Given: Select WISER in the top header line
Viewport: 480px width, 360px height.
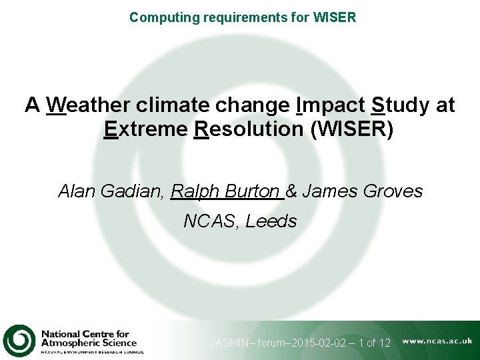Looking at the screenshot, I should (334, 17).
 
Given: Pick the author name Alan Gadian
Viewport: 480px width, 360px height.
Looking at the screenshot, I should (109, 191).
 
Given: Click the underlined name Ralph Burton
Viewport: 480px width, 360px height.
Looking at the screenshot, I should (225, 191).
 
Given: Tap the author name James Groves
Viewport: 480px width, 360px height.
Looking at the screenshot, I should (363, 191).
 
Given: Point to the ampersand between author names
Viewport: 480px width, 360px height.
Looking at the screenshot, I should (291, 191).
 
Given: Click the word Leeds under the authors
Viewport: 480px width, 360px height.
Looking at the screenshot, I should (271, 221).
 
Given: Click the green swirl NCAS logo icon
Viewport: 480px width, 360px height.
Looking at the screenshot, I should (19, 340).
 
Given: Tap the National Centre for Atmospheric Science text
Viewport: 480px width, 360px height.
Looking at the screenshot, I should (89, 339).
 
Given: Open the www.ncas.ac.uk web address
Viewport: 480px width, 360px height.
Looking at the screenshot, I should (437, 341).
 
